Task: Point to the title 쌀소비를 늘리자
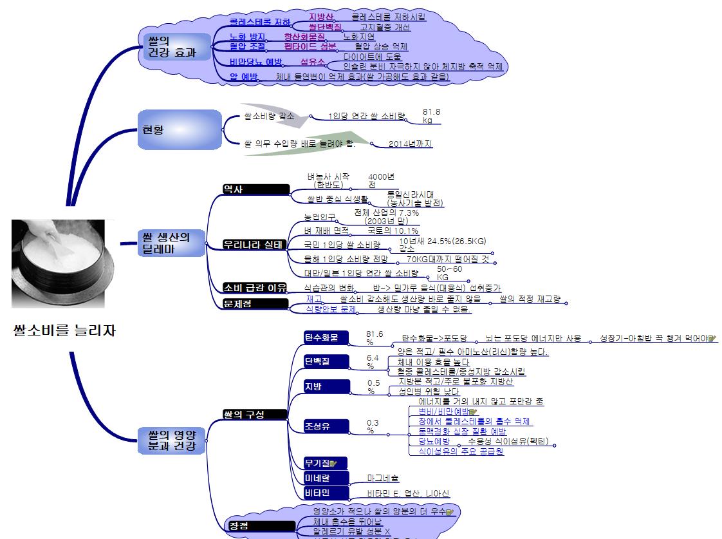coord(64,331)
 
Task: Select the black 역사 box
coord(255,189)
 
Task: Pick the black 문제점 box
coord(255,303)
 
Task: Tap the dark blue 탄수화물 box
coord(326,337)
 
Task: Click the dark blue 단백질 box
coord(326,361)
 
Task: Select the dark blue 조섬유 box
coord(326,426)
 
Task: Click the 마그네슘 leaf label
coord(383,478)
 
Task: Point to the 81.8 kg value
coord(431,116)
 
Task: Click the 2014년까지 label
coord(410,144)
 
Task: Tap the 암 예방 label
coord(243,77)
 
